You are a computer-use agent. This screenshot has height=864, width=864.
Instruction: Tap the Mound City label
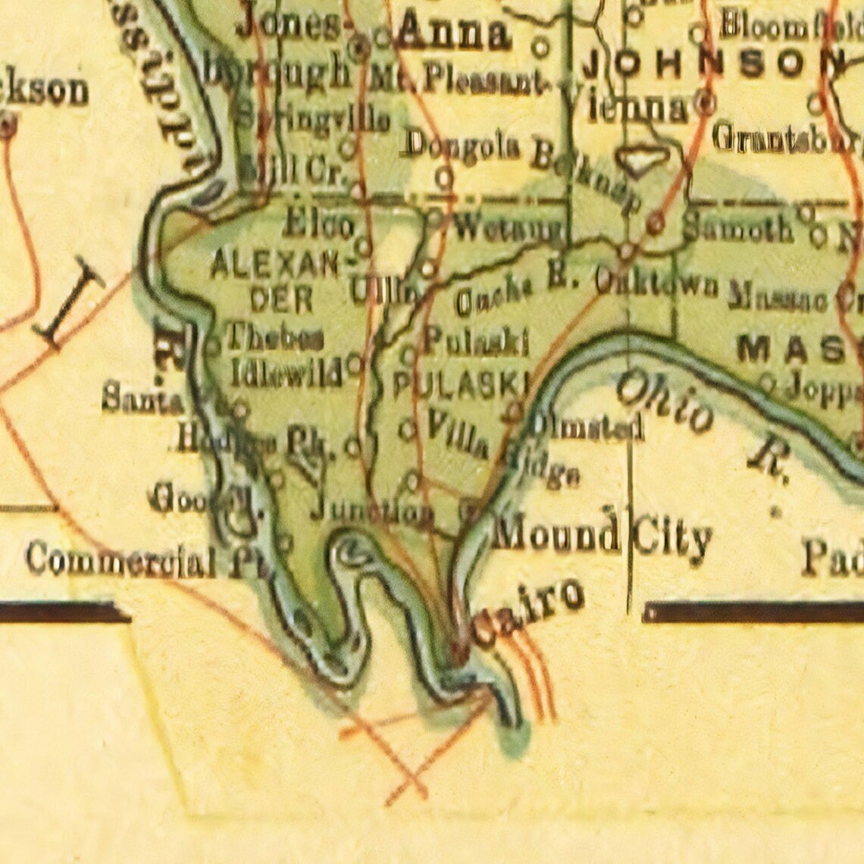602,537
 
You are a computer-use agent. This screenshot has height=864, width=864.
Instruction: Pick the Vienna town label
637,108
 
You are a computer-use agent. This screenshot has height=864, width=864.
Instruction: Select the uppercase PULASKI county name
459,385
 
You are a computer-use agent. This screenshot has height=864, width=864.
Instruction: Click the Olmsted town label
586,427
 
